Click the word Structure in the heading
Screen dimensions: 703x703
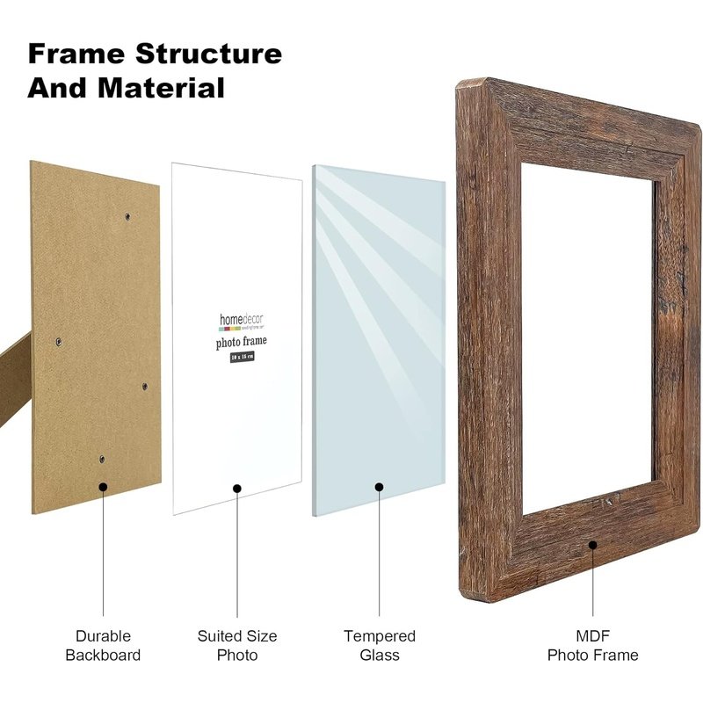[x=208, y=54]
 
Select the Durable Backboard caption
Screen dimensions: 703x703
[x=103, y=645]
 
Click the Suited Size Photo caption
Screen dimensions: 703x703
[x=237, y=645]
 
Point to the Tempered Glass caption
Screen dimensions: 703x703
[x=380, y=645]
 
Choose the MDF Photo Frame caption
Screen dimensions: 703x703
[x=593, y=645]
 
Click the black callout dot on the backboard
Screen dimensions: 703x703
[x=103, y=486]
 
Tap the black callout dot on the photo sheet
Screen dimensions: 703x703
[x=237, y=489]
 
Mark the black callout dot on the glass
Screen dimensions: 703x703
[x=380, y=486]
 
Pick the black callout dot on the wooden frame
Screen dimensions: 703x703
[x=593, y=545]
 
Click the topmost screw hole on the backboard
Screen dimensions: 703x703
[x=127, y=214]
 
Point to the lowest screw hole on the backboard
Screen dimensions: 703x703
[x=101, y=459]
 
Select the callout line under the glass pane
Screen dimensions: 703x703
[x=380, y=554]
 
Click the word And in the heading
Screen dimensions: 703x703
[x=57, y=88]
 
